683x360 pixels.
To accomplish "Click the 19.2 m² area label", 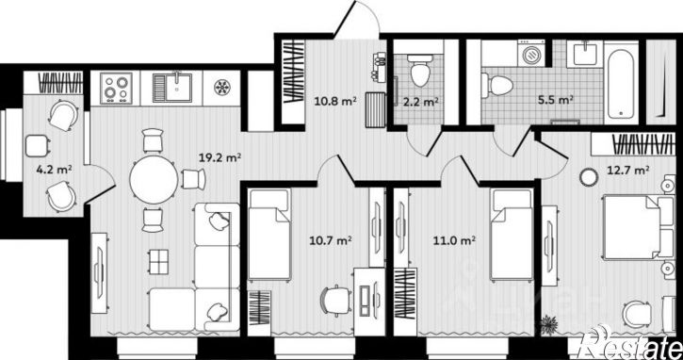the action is pyautogui.click(x=220, y=156).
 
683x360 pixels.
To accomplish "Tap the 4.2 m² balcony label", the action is pyautogui.click(x=54, y=170).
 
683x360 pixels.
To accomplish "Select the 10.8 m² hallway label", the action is pyautogui.click(x=335, y=101).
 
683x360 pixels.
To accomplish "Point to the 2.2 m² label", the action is pyautogui.click(x=420, y=102).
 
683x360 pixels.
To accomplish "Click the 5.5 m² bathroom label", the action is pyautogui.click(x=556, y=100).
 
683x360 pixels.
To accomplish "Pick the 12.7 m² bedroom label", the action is pyautogui.click(x=628, y=170).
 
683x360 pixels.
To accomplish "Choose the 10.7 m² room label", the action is pyautogui.click(x=331, y=239).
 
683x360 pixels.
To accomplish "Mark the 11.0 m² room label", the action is pyautogui.click(x=454, y=239).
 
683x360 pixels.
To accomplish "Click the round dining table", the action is pyautogui.click(x=154, y=180).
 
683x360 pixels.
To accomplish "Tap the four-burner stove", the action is pyautogui.click(x=116, y=89).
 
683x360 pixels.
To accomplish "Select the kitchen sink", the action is pyautogui.click(x=172, y=88).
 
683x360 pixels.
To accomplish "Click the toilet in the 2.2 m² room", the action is pyautogui.click(x=420, y=70).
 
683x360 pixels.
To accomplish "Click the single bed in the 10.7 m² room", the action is pyautogui.click(x=269, y=234).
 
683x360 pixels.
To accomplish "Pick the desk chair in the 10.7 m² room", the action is pyautogui.click(x=335, y=300).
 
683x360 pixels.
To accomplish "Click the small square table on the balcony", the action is pyautogui.click(x=37, y=145).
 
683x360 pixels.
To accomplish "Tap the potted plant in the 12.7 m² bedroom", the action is pyautogui.click(x=548, y=324).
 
